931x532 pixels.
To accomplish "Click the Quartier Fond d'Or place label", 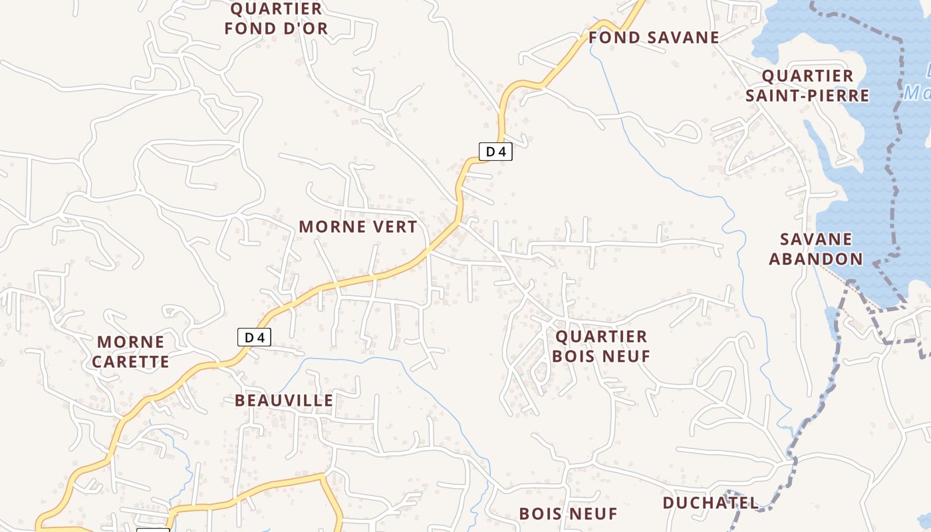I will click(x=276, y=19).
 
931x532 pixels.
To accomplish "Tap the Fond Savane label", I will click(x=654, y=37).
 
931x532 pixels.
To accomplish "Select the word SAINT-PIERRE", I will click(x=807, y=96).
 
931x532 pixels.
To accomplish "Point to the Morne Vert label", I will click(x=358, y=227).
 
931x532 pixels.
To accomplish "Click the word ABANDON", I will click(x=815, y=259).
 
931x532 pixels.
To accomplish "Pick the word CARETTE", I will click(x=130, y=362).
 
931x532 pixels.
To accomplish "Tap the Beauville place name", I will click(x=284, y=400).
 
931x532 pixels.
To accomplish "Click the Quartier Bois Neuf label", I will click(x=600, y=346).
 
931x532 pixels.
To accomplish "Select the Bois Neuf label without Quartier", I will click(x=568, y=513).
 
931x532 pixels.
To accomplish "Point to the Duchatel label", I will click(x=710, y=503).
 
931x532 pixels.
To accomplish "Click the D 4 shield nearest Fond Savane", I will click(x=495, y=152).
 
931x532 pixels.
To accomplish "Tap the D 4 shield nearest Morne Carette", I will click(x=255, y=337).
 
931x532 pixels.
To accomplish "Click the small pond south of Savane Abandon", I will click(x=831, y=315).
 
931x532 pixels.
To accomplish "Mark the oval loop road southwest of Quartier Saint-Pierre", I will click(x=680, y=132).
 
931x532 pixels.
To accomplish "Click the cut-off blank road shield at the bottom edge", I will click(x=153, y=529).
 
